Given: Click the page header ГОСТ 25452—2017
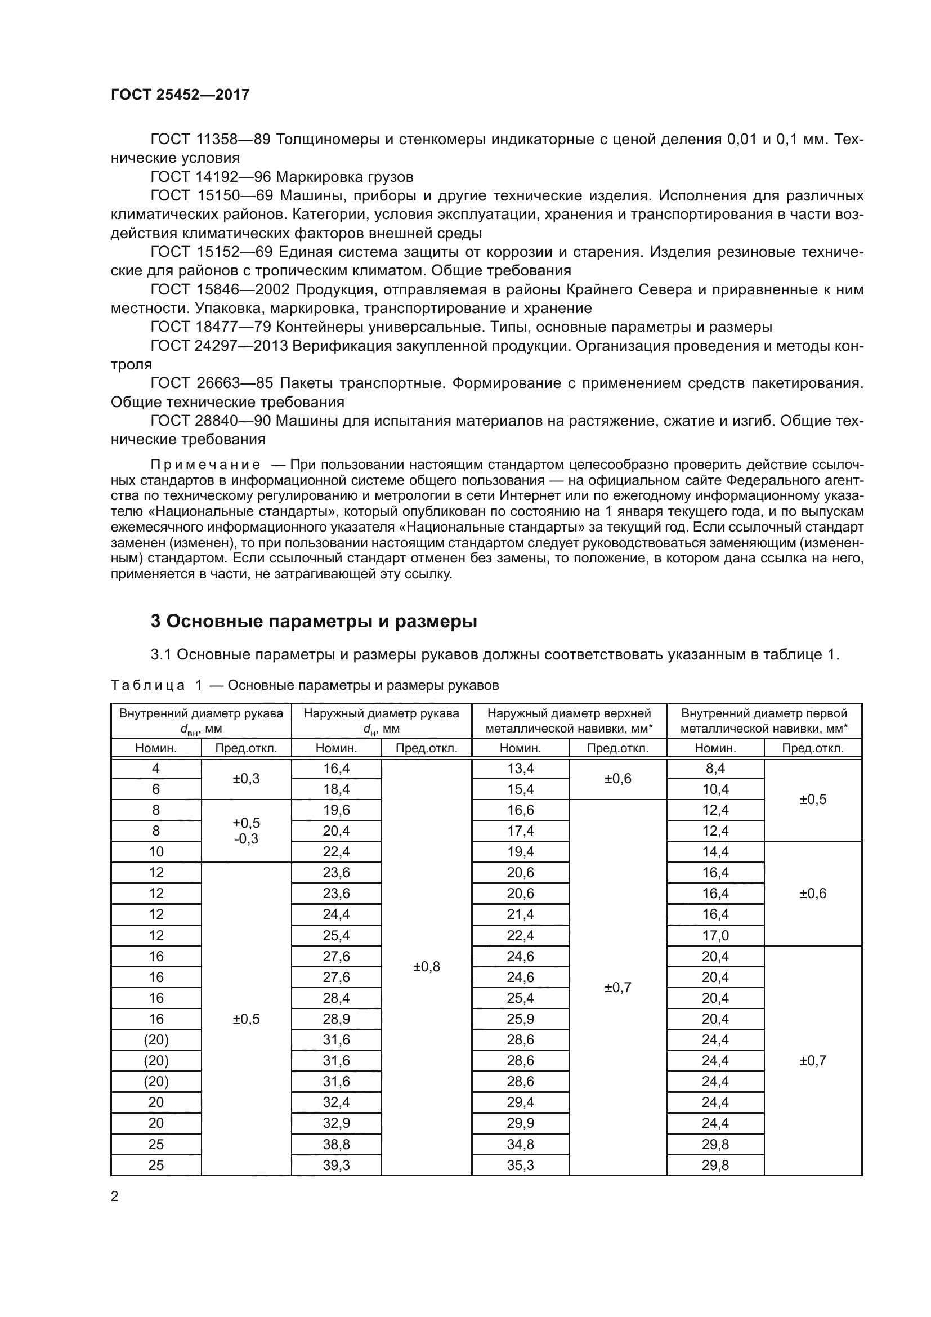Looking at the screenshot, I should (180, 95).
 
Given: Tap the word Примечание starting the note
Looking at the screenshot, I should (205, 465).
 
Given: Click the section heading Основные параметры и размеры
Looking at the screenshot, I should (314, 621).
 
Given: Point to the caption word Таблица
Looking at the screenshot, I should (147, 685).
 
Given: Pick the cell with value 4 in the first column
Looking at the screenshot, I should (156, 769).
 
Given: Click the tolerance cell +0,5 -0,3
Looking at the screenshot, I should (246, 831).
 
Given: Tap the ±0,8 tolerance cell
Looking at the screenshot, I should (427, 967).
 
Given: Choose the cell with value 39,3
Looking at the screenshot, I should (337, 1165).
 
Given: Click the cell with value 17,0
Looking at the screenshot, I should (715, 936).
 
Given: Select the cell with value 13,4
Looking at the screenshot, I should (520, 769).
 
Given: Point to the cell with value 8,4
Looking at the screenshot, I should (715, 769).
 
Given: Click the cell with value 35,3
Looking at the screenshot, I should (520, 1165).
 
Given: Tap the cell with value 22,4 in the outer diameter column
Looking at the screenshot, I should (337, 852).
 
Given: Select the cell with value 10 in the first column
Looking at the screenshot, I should (156, 852).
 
